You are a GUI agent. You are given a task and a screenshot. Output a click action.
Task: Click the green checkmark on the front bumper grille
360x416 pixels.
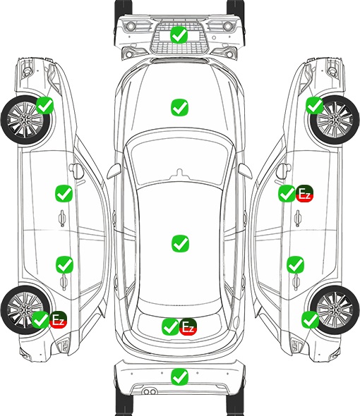(x=179, y=35)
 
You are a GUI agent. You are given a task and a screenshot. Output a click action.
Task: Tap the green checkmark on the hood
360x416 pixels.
(x=179, y=107)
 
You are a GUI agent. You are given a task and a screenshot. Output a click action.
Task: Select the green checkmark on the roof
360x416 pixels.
(x=180, y=243)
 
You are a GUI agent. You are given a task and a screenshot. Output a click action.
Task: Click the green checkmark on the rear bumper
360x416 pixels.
(x=179, y=377)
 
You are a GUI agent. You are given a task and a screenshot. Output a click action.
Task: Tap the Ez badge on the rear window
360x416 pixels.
(x=188, y=327)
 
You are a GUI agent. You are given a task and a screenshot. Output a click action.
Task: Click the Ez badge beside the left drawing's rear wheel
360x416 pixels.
(x=58, y=319)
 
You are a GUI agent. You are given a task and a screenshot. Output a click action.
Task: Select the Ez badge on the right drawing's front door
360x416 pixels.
(x=304, y=194)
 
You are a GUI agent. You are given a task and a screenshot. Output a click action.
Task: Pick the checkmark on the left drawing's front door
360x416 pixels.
(x=64, y=194)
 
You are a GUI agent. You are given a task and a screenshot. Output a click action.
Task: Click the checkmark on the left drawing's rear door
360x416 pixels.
(x=64, y=264)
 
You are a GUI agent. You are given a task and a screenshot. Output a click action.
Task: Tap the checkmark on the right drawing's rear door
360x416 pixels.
(x=295, y=264)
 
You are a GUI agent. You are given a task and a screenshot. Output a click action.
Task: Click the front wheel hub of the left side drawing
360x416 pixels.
(x=25, y=120)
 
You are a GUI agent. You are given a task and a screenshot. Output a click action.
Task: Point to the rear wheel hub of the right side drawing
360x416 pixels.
(x=335, y=310)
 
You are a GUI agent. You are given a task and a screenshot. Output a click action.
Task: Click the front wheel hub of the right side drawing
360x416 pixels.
(x=335, y=120)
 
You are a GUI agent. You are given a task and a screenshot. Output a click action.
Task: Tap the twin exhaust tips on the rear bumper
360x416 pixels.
(x=150, y=391)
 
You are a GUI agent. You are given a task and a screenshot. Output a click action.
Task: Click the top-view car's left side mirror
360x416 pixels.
(x=114, y=171)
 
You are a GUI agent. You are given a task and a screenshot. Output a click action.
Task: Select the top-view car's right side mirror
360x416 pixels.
(x=245, y=171)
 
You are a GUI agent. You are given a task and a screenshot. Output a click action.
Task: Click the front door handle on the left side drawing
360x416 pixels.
(x=62, y=219)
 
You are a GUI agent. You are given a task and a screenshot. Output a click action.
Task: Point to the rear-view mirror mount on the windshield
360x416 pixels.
(x=180, y=173)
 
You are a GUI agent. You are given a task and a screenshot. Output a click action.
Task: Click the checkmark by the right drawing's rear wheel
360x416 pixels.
(x=310, y=319)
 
